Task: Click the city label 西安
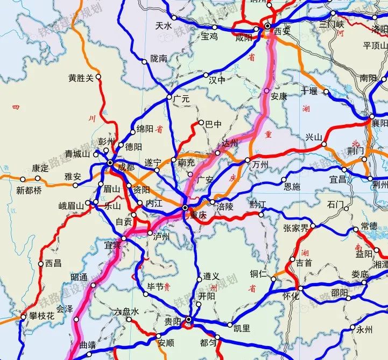click(x=282, y=31)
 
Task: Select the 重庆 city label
click(x=198, y=214)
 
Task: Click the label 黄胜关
click(x=81, y=77)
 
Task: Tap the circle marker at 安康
click(x=266, y=90)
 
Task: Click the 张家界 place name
click(x=295, y=228)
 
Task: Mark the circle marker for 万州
click(x=248, y=160)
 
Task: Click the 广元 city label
click(x=182, y=99)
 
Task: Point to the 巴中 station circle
click(x=202, y=123)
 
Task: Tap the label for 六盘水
click(x=127, y=312)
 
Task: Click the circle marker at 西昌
click(x=41, y=264)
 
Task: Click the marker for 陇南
click(x=144, y=62)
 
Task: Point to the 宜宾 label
click(x=113, y=245)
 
